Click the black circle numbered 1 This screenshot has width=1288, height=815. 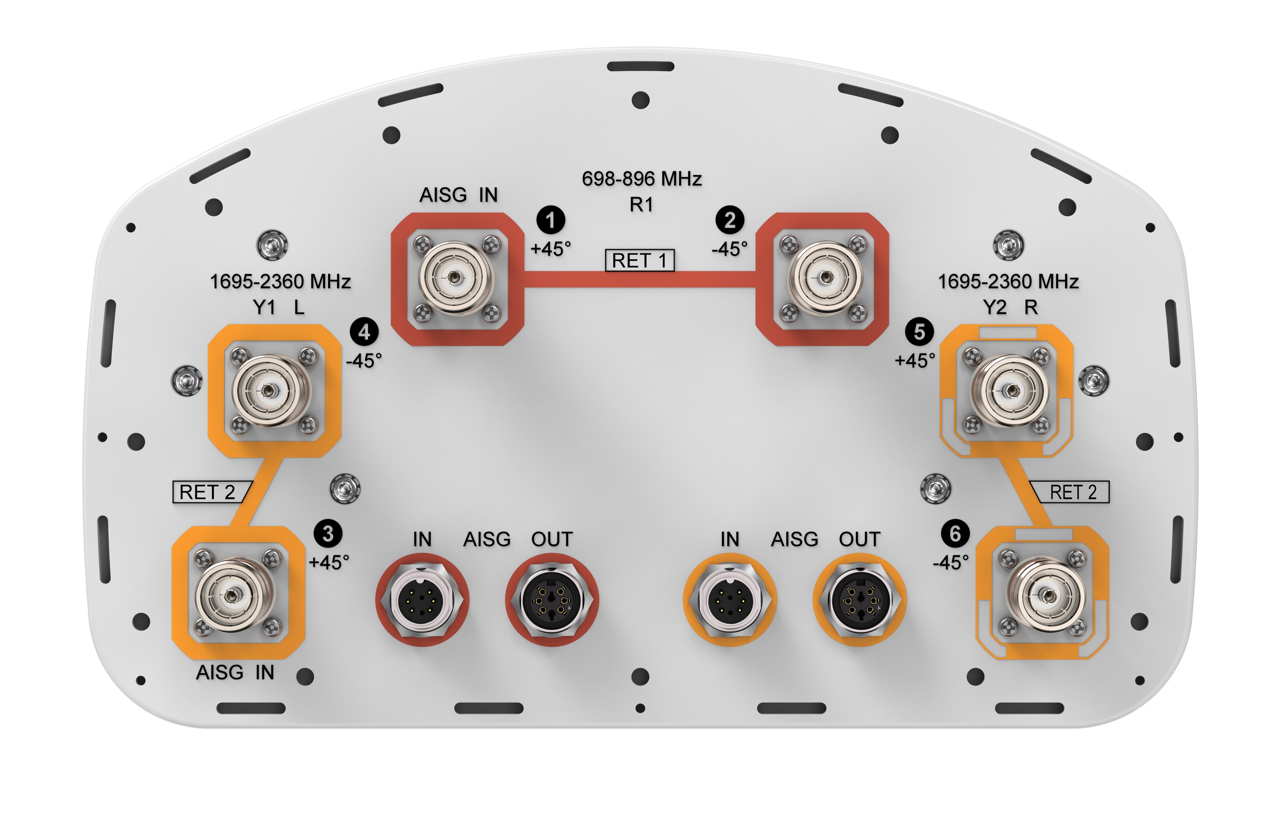[x=550, y=220]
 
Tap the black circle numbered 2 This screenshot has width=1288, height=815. [x=730, y=220]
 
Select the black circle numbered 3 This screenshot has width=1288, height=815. [x=328, y=533]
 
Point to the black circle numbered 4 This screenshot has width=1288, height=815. [x=364, y=332]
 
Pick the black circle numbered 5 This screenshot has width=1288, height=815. [x=919, y=332]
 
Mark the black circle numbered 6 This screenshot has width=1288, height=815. [x=955, y=533]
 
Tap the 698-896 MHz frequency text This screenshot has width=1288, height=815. [x=641, y=179]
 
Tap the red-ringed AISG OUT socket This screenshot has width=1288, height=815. [x=552, y=600]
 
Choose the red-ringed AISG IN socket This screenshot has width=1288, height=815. [x=422, y=600]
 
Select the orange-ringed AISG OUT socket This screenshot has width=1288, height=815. [x=860, y=600]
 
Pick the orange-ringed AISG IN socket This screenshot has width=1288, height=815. [x=730, y=600]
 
